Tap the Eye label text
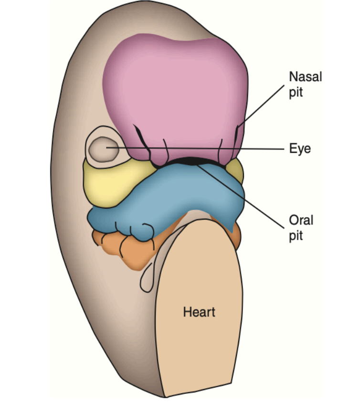(300, 148)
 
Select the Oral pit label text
(301, 228)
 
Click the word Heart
(199, 313)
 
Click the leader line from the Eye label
(215, 148)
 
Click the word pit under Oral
(296, 236)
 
